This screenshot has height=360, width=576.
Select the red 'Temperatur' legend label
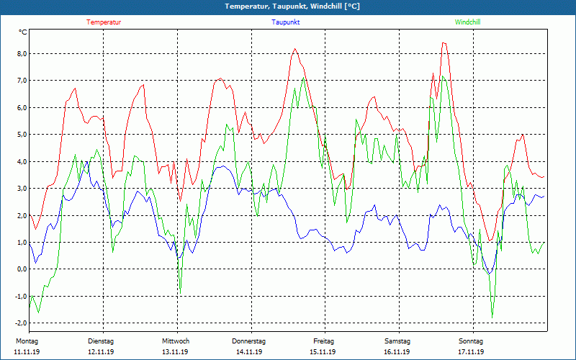coord(104,22)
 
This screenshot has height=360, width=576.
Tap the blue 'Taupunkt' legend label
coord(286,22)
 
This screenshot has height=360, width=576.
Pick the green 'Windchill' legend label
coord(467,22)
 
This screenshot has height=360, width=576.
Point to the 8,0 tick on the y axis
coord(22,54)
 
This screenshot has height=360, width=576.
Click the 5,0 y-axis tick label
coord(22,135)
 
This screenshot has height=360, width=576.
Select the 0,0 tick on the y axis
coord(22,269)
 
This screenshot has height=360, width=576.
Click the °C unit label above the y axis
coord(23,32)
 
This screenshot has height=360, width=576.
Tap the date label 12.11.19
coord(102,352)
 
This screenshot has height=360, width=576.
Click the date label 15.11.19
coord(323,352)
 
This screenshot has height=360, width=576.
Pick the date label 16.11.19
coord(397,352)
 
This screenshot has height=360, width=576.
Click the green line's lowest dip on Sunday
coord(492,317)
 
